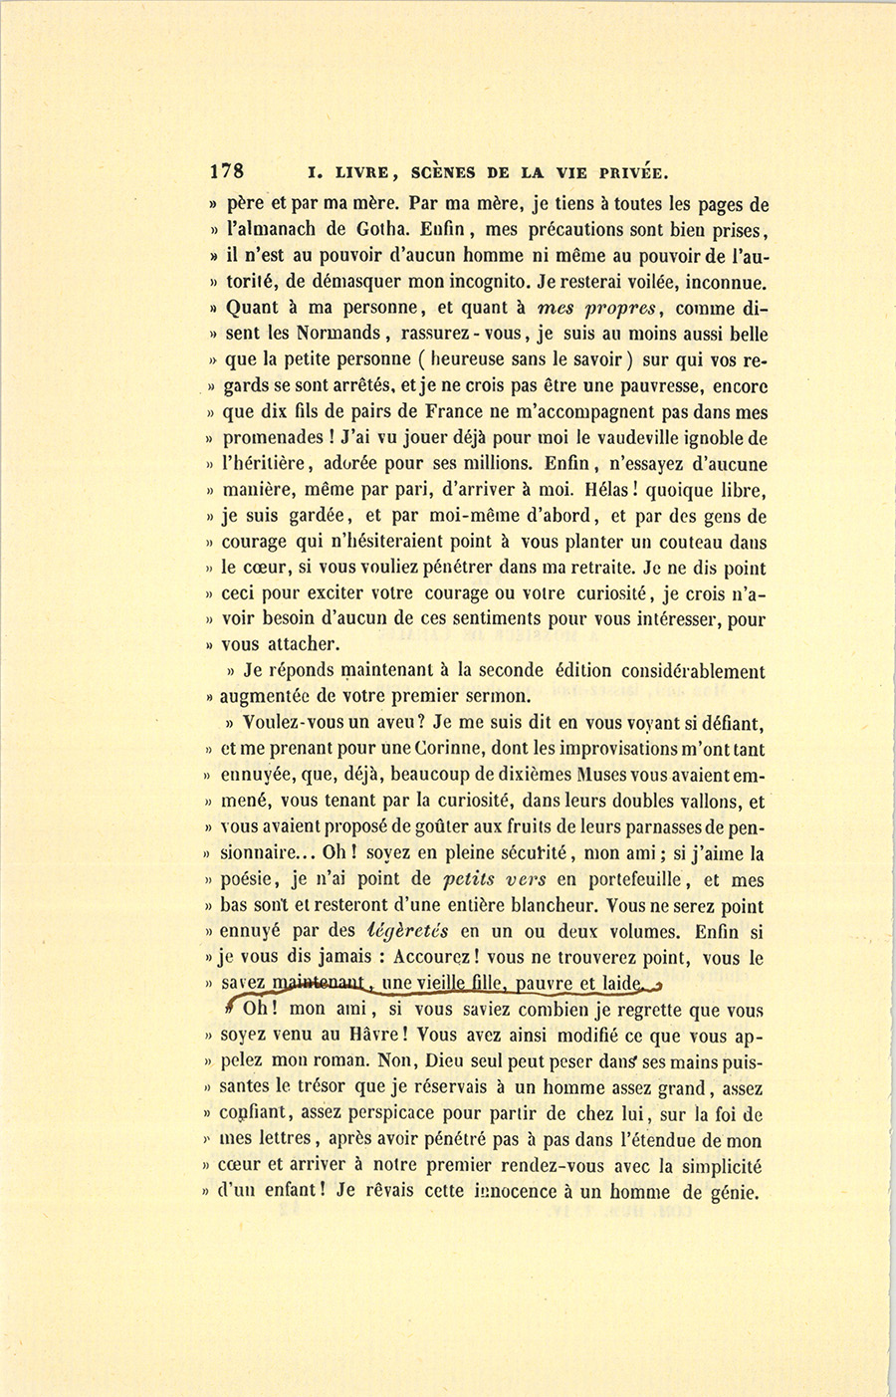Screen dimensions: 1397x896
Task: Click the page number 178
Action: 227,170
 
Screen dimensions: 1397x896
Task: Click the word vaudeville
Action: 638,438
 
